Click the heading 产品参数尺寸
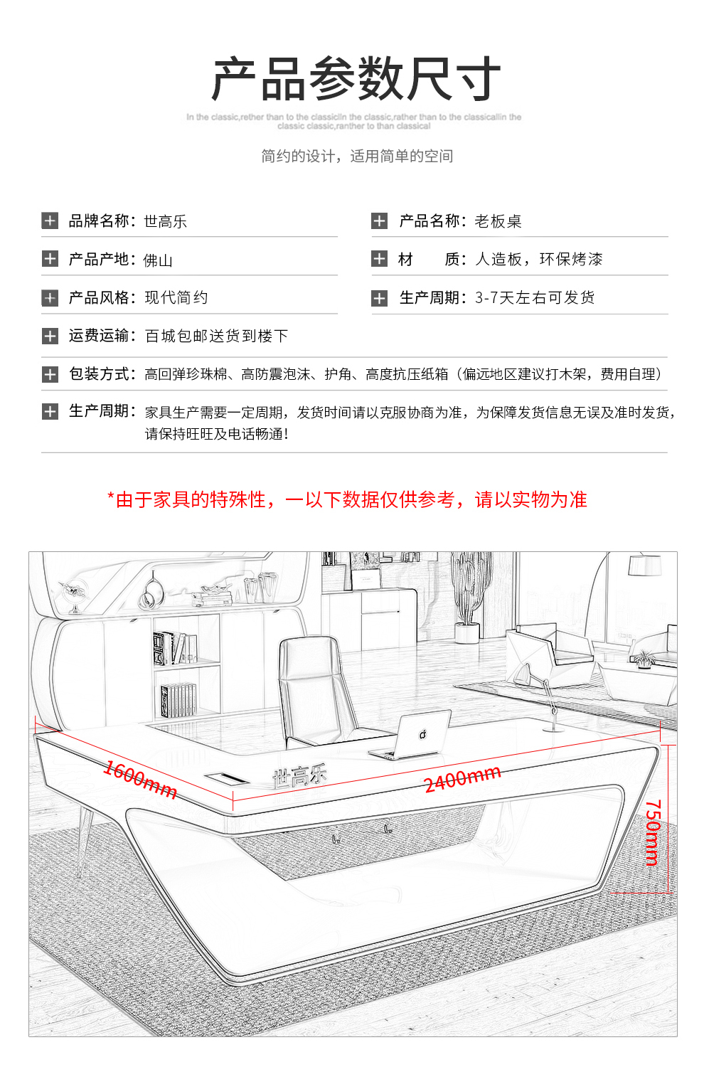356,79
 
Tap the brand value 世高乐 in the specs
165,221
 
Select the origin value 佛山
158,260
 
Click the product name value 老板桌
498,221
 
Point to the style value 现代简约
176,297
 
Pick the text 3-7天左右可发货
535,297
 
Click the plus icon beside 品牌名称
50,221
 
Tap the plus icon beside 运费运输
50,336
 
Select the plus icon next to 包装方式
50,374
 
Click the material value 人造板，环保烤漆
538,259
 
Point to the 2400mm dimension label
462,779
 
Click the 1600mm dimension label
140,779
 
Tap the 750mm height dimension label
653,832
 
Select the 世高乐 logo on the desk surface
299,776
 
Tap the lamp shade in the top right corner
644,565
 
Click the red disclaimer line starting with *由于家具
347,499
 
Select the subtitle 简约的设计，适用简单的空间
356,156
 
